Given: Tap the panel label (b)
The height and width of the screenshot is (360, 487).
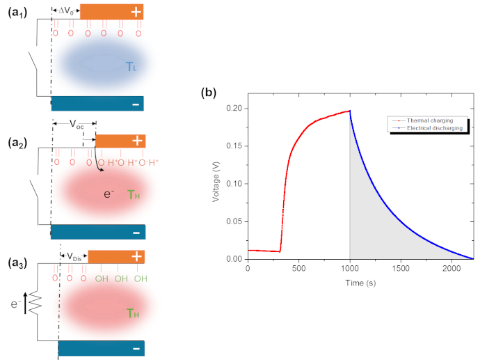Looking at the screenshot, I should (x=208, y=91).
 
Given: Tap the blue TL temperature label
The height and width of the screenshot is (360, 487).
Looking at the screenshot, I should (x=131, y=66).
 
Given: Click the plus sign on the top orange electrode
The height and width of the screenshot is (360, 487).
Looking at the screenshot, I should (x=136, y=11).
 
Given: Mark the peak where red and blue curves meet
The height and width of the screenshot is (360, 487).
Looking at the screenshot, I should (x=349, y=110).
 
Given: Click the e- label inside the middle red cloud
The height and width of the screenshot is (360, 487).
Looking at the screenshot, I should (x=109, y=194).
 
